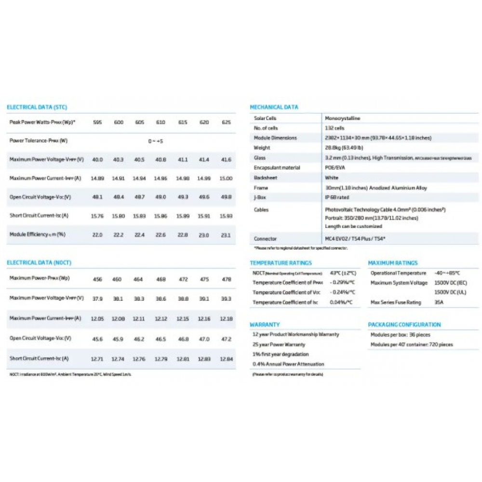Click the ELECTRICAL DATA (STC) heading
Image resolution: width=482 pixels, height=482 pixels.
pyautogui.click(x=37, y=107)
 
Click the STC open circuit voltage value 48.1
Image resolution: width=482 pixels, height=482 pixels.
pyautogui.click(x=97, y=197)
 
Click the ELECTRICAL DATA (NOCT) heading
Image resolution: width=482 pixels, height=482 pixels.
pyautogui.click(x=39, y=263)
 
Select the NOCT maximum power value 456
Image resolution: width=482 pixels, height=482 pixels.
pyautogui.click(x=97, y=280)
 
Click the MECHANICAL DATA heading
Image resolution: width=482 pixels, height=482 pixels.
pyautogui.click(x=274, y=107)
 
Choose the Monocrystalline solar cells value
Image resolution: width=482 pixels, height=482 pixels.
pyautogui.click(x=343, y=118)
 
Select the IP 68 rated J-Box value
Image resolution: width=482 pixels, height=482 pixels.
pyautogui.click(x=337, y=198)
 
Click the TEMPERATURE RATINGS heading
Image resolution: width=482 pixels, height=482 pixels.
pyautogui.click(x=281, y=263)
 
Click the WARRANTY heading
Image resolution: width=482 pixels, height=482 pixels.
pyautogui.click(x=265, y=325)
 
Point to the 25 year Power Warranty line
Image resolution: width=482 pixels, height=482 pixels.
pyautogui.click(x=279, y=345)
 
